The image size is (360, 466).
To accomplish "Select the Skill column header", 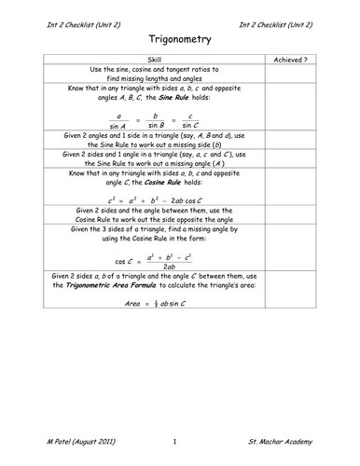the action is tap(155, 59).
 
